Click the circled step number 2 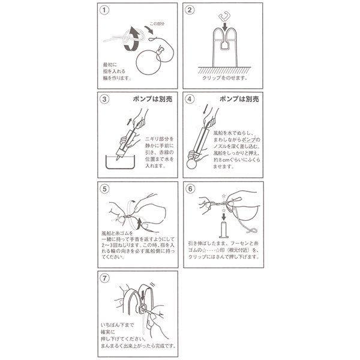[x=190, y=11]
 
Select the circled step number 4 [x=190, y=99]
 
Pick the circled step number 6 [x=190, y=187]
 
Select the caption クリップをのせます [x=223, y=79]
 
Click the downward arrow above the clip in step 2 [x=223, y=26]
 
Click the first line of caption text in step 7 [x=123, y=325]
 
